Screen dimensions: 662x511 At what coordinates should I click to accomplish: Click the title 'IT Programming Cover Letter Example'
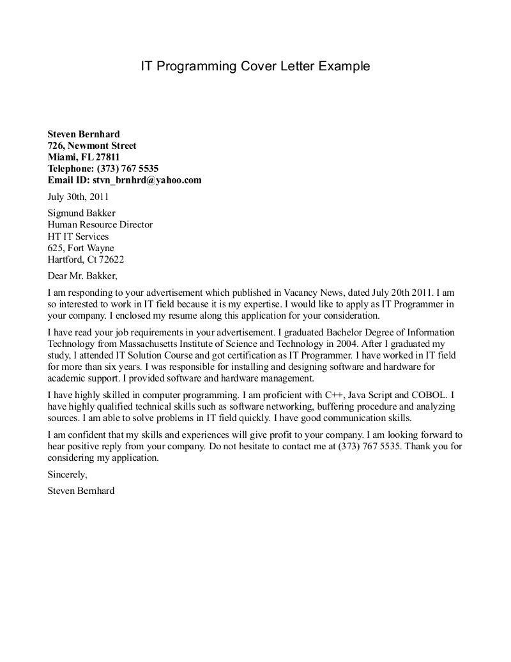coord(255,66)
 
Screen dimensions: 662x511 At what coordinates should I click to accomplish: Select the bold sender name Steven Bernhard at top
coord(84,134)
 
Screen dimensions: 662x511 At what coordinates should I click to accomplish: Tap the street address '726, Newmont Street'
coord(92,146)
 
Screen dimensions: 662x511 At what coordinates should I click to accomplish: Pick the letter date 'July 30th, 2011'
coord(79,197)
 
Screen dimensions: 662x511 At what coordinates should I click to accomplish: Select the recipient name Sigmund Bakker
coord(82,213)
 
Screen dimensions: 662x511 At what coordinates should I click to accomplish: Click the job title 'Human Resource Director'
coord(100,225)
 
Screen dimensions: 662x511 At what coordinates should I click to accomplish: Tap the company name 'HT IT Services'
coord(78,236)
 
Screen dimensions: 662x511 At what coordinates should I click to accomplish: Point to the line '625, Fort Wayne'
coord(81,248)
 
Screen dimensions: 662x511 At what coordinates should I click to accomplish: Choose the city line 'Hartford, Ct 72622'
coord(86,259)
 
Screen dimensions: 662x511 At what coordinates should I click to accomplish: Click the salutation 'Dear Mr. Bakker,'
coord(82,276)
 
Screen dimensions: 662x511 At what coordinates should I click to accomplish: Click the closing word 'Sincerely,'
coord(67,475)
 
